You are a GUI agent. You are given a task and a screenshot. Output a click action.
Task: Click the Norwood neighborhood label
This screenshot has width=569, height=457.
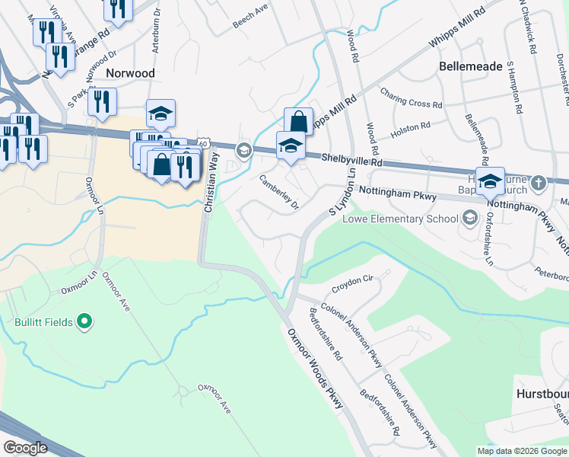click(x=131, y=73)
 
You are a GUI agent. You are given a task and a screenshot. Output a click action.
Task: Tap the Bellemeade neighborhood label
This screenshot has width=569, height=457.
click(x=471, y=66)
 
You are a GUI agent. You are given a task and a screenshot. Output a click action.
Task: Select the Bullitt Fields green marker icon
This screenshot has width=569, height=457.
click(x=84, y=322)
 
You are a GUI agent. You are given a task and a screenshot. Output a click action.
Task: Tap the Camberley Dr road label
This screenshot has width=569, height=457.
click(x=280, y=193)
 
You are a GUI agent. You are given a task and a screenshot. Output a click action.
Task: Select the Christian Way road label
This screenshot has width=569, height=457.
click(x=211, y=181)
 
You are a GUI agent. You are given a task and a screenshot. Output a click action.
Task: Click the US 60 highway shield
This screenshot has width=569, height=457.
click(x=202, y=142)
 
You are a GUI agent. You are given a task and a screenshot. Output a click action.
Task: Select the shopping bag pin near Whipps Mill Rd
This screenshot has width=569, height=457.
click(x=298, y=122)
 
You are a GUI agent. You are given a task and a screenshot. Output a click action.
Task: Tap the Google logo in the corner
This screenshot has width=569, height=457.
click(x=26, y=447)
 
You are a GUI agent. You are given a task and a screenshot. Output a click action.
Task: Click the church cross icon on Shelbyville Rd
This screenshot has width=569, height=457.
click(x=539, y=183)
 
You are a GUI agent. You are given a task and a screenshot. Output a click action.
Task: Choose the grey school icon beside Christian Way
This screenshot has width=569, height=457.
click(x=243, y=149)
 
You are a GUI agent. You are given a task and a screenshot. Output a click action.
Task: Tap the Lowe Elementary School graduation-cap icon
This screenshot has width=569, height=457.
click(x=469, y=219)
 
